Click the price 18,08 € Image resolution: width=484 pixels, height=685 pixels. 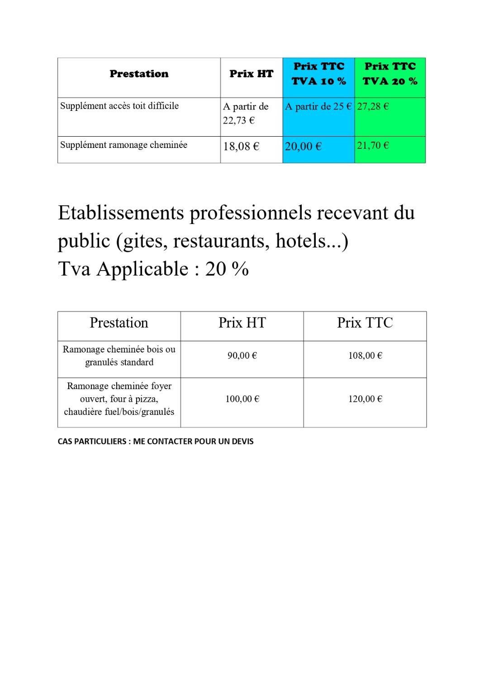pos(241,147)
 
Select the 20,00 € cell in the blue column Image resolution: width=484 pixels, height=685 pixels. pos(303,147)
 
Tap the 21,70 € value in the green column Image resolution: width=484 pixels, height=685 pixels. pos(373,146)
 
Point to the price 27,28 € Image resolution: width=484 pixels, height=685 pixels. pos(373,107)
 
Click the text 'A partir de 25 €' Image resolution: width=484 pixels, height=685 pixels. pos(318,107)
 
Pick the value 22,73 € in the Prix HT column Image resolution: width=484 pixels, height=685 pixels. pos(238,121)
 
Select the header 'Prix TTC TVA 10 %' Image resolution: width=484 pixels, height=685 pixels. pos(318,74)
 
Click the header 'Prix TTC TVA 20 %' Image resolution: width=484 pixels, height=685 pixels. pos(390,74)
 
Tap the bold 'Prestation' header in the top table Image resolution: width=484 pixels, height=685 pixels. pos(139,74)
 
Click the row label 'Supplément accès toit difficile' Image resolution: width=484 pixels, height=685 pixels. pos(119,106)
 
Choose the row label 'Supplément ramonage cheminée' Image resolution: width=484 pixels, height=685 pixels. pos(123,145)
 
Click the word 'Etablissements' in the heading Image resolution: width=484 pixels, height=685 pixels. pos(121,213)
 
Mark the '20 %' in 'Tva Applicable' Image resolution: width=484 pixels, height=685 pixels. pos(227,269)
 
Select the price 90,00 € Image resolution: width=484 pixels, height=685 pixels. pos(242,356)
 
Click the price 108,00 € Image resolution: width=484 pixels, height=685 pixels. pos(365,356)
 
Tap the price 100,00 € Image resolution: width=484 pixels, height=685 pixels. pos(242,399)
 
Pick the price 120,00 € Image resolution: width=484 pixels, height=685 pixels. pos(365,399)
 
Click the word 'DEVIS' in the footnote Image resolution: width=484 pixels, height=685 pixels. pos(242,442)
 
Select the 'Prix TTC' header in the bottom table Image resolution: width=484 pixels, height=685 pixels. pos(365,323)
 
